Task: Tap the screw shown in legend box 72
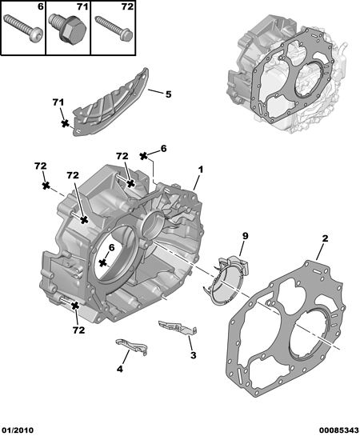coord(114,28)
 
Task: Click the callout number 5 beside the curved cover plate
coord(169,94)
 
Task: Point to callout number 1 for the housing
coord(201,170)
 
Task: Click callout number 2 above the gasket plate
coord(325,238)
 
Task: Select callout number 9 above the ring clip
coord(245,236)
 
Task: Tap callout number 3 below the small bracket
coord(194,355)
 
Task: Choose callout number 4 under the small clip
coord(119,369)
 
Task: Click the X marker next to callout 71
coord(65,124)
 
